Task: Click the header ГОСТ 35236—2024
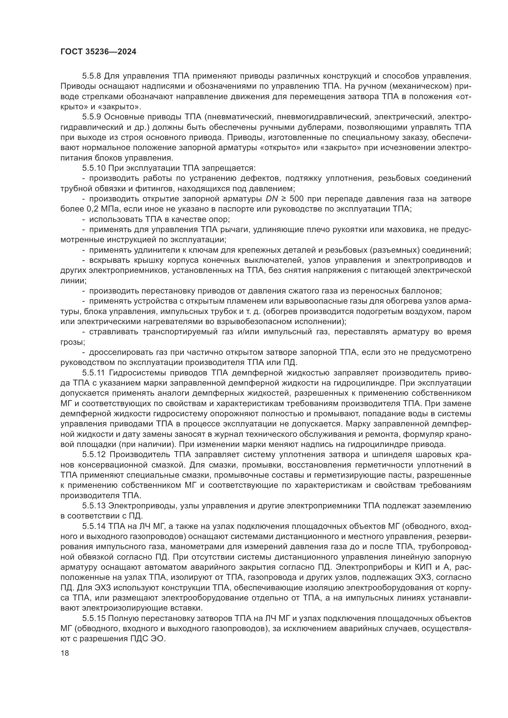click(x=98, y=52)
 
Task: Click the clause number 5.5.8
click(x=92, y=76)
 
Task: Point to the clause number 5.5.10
click(x=94, y=168)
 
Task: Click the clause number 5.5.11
click(x=94, y=373)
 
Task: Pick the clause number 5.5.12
click(x=94, y=455)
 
